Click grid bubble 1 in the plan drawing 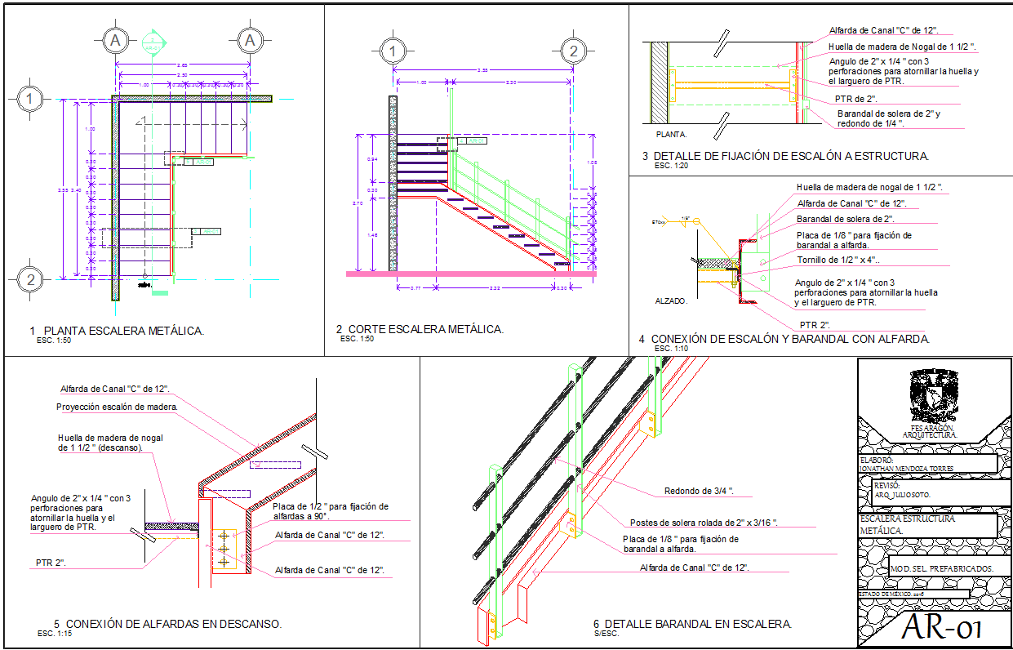tap(29, 100)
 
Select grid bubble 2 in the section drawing tap(574, 51)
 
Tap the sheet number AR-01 tap(940, 628)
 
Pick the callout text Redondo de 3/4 tap(699, 492)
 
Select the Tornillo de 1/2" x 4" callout tap(838, 260)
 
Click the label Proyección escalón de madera tap(117, 406)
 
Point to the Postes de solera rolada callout tap(703, 523)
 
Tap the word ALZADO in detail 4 tap(672, 301)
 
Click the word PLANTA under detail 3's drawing tap(672, 134)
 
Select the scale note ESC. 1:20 tap(673, 166)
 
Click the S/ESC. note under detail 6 tap(606, 634)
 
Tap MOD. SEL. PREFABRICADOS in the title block tap(941, 568)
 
